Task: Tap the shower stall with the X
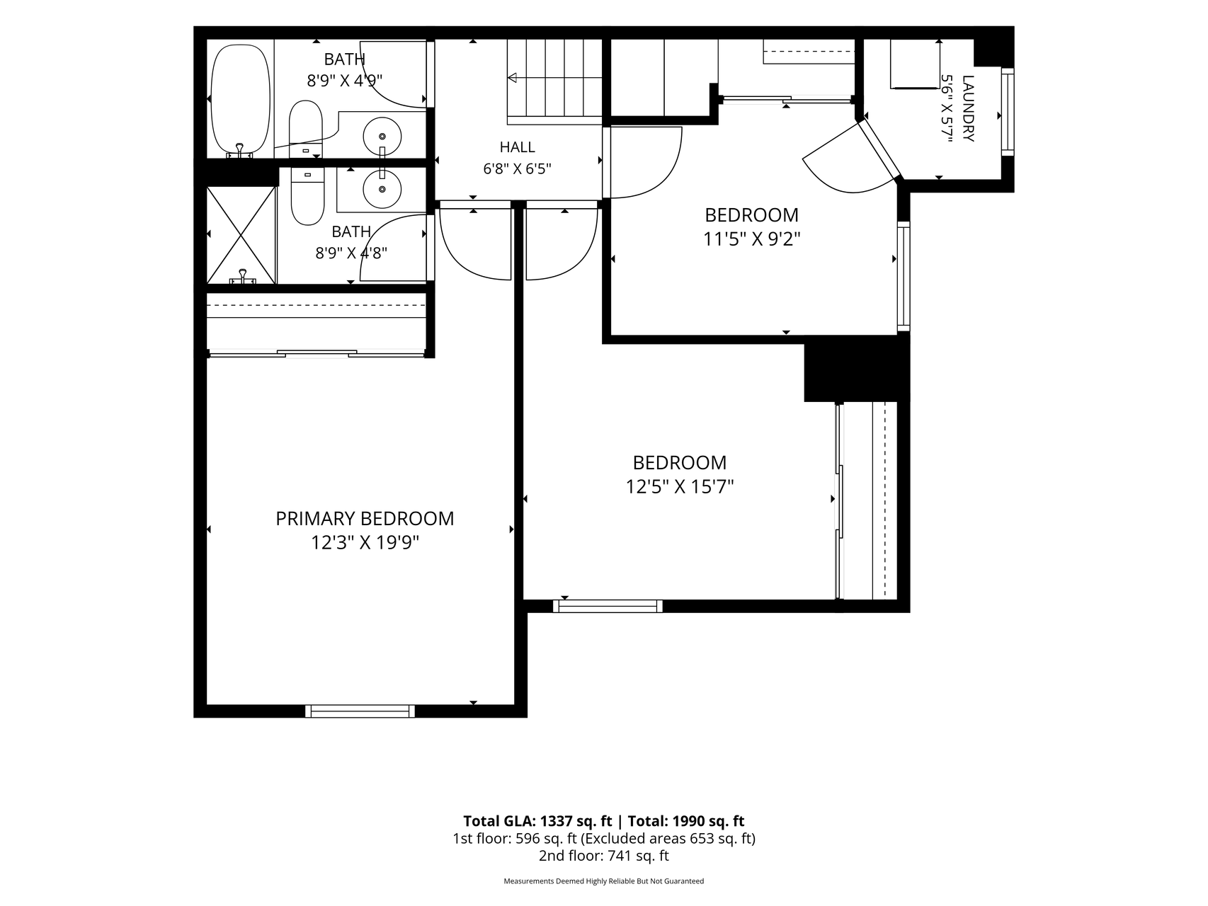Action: [x=241, y=235]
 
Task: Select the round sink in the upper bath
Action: [x=382, y=135]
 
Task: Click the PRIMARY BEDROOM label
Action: [x=365, y=519]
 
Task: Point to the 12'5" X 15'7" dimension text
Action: [x=680, y=487]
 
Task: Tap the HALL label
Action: [x=518, y=147]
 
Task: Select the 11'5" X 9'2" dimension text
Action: [x=751, y=239]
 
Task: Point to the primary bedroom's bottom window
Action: [x=360, y=711]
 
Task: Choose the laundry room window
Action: [x=1008, y=111]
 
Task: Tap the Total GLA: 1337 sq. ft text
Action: [x=537, y=821]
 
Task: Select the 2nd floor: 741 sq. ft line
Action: [x=604, y=856]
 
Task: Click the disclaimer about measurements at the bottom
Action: [x=604, y=881]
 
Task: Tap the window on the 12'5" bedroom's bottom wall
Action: [x=608, y=606]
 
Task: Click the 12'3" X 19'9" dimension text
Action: [x=365, y=543]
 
